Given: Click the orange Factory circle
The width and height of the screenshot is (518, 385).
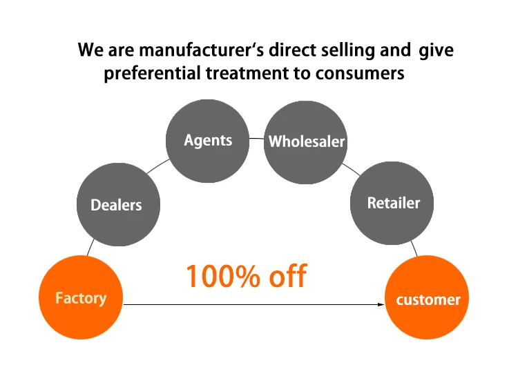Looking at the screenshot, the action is tap(81, 297).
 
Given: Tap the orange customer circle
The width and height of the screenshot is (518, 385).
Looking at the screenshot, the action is tap(428, 299).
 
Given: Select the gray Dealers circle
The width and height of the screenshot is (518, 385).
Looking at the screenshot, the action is tap(117, 204).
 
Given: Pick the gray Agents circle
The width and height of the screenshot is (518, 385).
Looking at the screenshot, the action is tap(208, 141).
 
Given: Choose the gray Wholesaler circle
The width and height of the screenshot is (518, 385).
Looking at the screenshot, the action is tap(306, 142).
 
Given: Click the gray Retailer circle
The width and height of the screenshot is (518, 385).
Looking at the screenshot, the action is tap(393, 203).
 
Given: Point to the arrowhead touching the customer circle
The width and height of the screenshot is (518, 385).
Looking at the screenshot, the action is tap(381, 304).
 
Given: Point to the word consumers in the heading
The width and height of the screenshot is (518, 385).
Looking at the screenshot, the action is tap(360, 74).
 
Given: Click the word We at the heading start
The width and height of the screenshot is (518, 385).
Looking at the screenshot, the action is tap(90, 50).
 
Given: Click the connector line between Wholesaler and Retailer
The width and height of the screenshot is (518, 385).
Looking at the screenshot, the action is tap(351, 168).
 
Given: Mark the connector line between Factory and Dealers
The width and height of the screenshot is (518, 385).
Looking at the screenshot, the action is tap(90, 247).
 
